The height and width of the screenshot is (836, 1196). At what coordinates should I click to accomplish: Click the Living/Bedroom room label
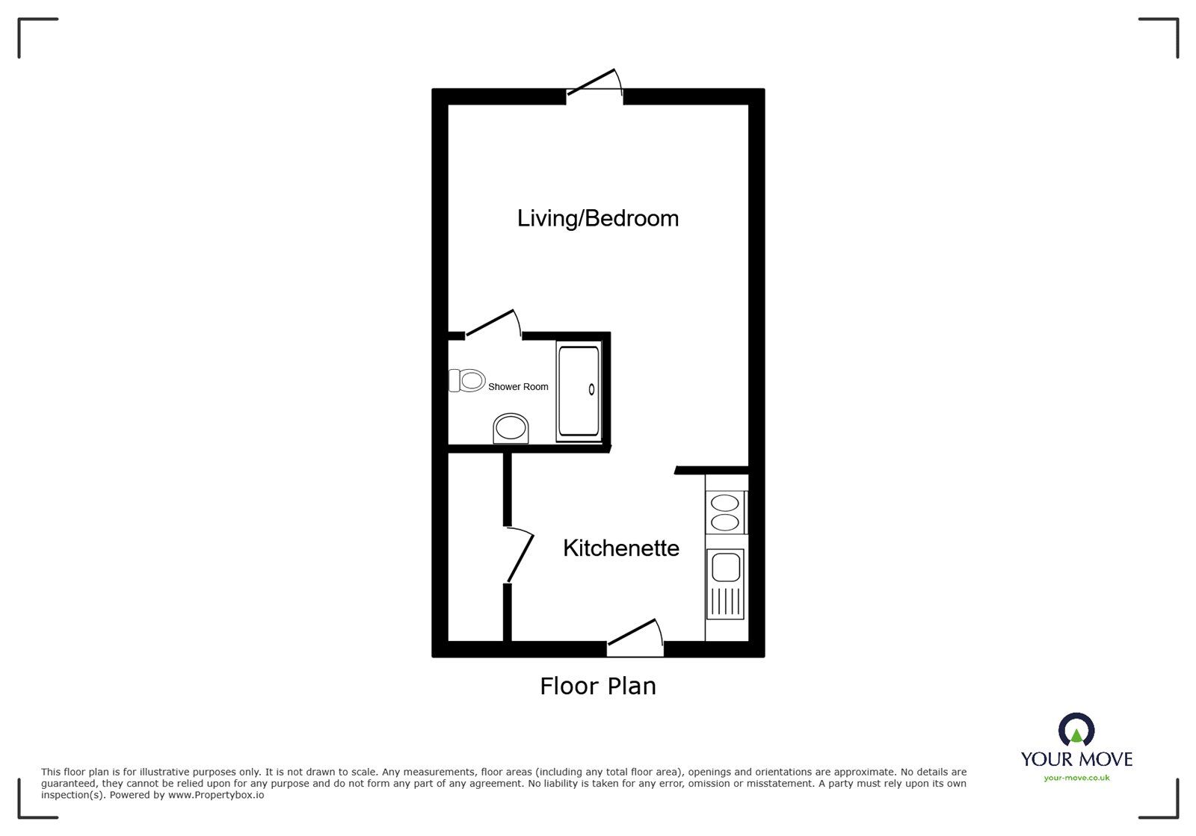click(x=598, y=218)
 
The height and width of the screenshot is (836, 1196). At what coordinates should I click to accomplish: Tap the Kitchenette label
click(x=620, y=548)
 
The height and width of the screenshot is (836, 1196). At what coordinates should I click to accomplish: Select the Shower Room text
click(x=518, y=387)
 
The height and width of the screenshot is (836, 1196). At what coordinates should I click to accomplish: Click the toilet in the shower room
click(x=467, y=380)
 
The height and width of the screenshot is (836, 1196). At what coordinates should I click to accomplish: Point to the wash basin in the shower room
click(x=511, y=429)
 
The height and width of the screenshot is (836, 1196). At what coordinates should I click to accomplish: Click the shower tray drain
click(x=592, y=388)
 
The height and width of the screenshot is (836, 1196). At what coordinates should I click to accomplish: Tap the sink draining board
click(x=726, y=602)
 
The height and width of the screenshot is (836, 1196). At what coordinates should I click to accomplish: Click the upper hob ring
click(x=725, y=504)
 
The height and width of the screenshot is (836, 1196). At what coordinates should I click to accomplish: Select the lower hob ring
click(x=725, y=521)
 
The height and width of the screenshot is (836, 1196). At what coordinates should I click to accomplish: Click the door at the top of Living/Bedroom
click(x=595, y=84)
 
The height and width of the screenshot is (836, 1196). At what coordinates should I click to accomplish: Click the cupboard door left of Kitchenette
click(x=520, y=555)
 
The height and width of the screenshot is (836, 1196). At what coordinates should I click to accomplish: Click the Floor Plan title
click(x=598, y=686)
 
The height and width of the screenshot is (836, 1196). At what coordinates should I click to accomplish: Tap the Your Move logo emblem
click(x=1076, y=730)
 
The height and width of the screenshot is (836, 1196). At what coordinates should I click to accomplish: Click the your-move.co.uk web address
click(x=1076, y=778)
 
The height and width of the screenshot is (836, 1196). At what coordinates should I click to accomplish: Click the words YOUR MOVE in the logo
click(x=1076, y=759)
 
